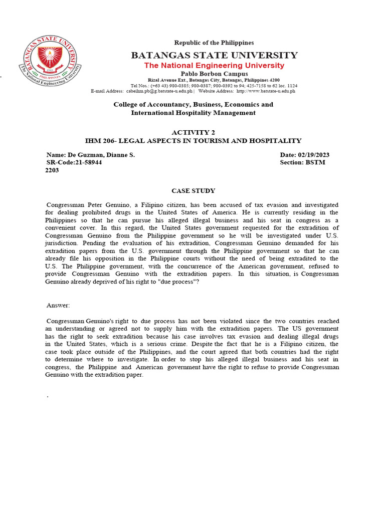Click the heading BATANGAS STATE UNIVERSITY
click(214, 55)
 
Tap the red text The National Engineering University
click(214, 66)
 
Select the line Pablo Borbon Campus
click(214, 74)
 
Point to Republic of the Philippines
click(214, 43)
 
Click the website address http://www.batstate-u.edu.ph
click(266, 91)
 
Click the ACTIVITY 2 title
click(193, 132)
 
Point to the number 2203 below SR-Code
click(52, 170)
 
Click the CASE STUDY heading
click(193, 191)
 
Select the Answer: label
click(58, 305)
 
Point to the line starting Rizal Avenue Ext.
click(214, 80)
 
